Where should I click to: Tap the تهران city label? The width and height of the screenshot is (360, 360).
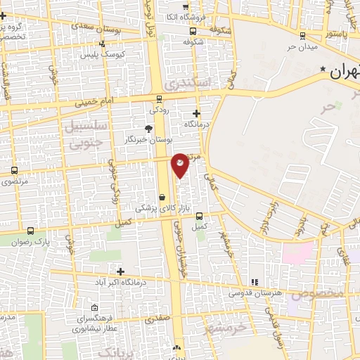click(x=345, y=71)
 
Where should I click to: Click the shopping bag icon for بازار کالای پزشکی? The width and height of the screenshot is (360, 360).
click(x=163, y=198)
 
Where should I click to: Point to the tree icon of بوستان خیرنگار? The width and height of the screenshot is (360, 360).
click(x=148, y=129)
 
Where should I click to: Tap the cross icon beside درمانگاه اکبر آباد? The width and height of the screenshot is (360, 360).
click(x=120, y=271)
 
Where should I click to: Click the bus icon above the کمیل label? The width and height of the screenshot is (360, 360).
click(x=200, y=216)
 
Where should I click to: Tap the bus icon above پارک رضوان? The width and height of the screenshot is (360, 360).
click(x=30, y=230)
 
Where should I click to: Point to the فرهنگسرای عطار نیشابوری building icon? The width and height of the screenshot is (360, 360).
click(x=94, y=307)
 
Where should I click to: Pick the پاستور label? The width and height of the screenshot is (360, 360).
click(x=335, y=34)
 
